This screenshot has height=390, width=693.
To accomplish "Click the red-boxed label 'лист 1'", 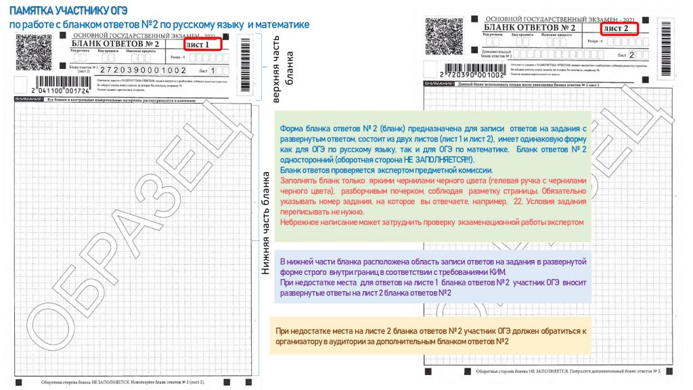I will pyautogui.click(x=202, y=45).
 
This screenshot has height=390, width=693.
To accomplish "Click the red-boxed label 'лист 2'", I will pyautogui.click(x=615, y=28).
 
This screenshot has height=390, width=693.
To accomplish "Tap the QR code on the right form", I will pyautogui.click(x=441, y=35).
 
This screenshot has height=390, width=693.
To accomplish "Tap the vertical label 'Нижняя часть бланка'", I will pyautogui.click(x=265, y=221).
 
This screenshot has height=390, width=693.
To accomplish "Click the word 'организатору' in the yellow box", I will pyautogui.click(x=305, y=341).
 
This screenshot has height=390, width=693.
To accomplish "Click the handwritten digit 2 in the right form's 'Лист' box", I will pyautogui.click(x=631, y=55).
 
